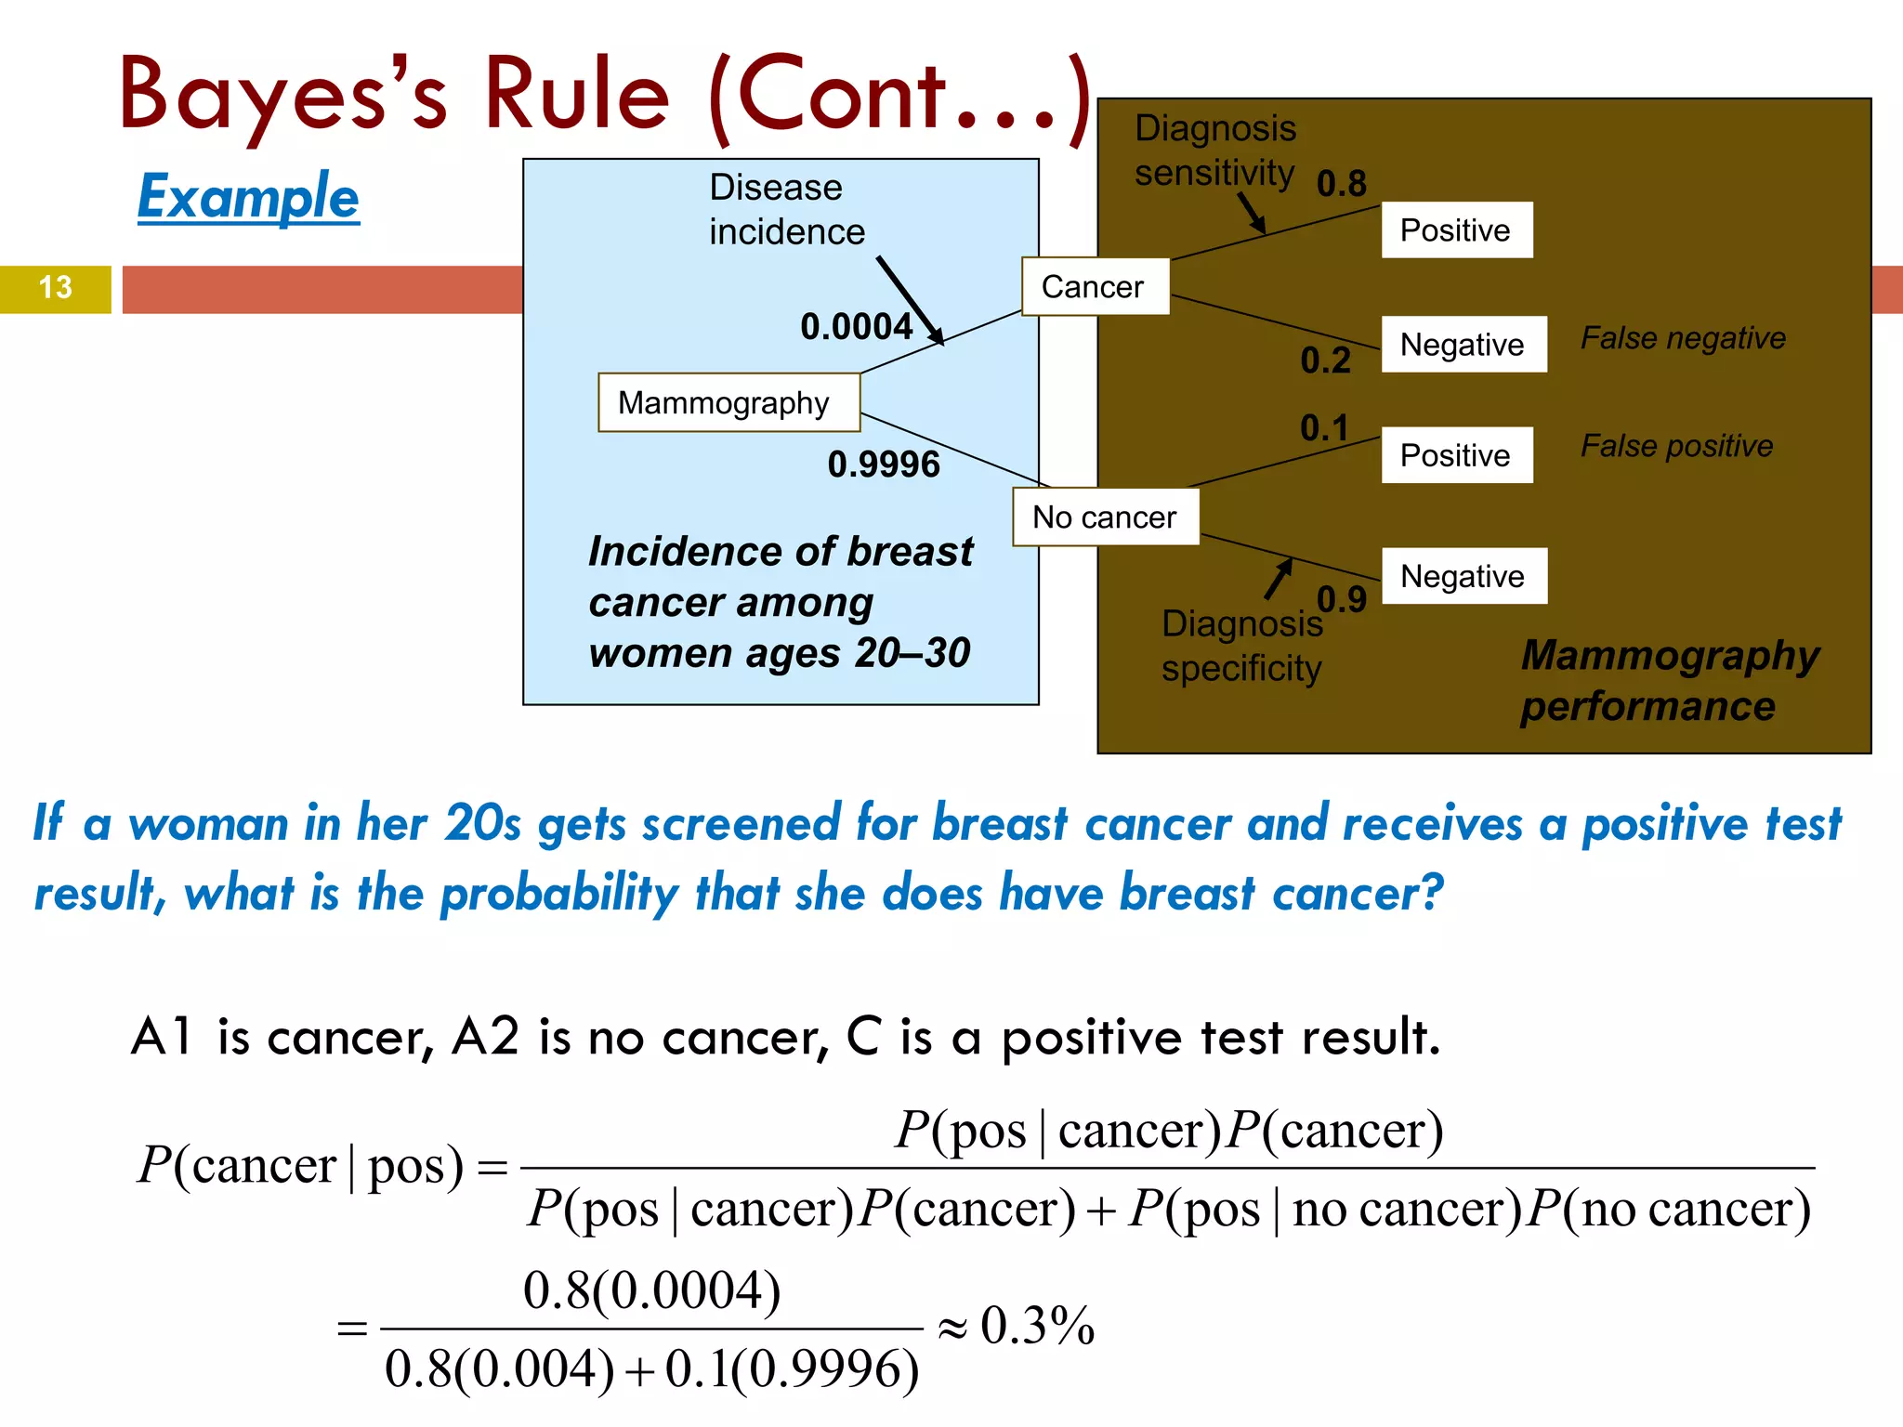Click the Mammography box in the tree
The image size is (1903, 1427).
click(728, 402)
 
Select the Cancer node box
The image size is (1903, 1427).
click(1095, 286)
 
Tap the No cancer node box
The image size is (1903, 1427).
click(1105, 517)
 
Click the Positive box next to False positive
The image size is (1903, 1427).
click(1456, 455)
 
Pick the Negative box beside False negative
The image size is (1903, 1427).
click(1463, 345)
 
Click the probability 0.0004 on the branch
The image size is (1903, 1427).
click(856, 327)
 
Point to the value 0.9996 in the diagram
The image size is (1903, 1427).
click(884, 465)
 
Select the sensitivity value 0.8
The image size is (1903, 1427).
click(1341, 184)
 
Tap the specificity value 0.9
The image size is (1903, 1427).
click(1341, 600)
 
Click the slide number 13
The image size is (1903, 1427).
click(55, 288)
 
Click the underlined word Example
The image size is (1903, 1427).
click(248, 197)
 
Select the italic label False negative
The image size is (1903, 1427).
click(1683, 338)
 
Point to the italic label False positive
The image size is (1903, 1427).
click(1676, 446)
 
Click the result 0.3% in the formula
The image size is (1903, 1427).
click(1037, 1326)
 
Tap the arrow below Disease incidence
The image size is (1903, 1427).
click(911, 301)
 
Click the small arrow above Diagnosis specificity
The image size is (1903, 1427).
click(1280, 578)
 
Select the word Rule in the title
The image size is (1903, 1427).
click(576, 95)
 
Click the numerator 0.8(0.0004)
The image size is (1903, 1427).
click(651, 1290)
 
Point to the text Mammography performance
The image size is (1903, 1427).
click(1669, 680)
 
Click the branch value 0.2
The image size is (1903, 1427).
click(1325, 360)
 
